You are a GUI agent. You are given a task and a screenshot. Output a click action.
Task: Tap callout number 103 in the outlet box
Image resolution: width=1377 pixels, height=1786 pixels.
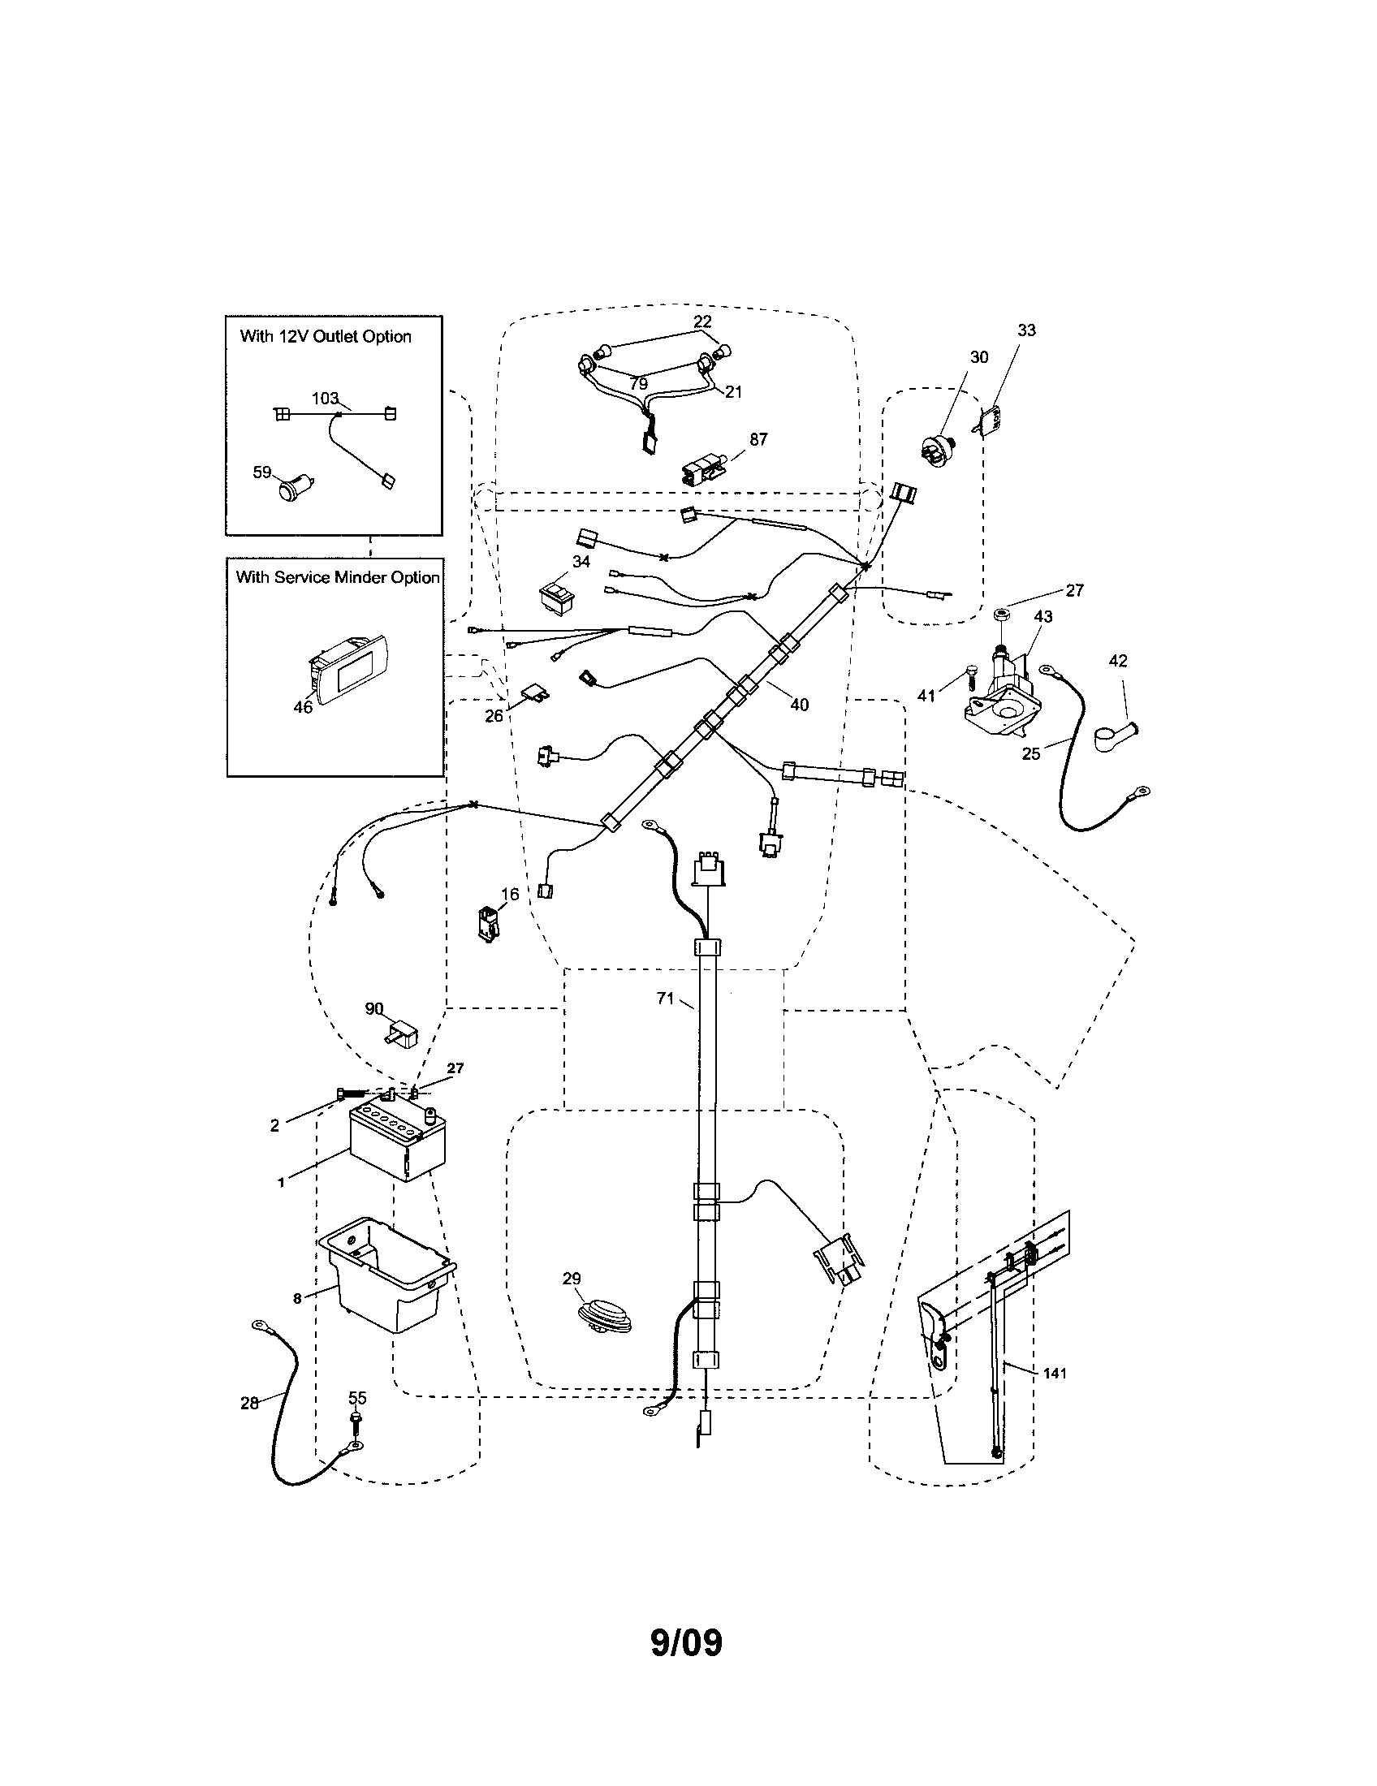point(325,399)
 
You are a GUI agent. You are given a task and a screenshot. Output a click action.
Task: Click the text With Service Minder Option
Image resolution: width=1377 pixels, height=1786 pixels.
point(338,577)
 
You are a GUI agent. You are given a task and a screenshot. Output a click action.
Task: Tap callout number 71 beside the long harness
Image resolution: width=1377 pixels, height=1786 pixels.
point(666,998)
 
